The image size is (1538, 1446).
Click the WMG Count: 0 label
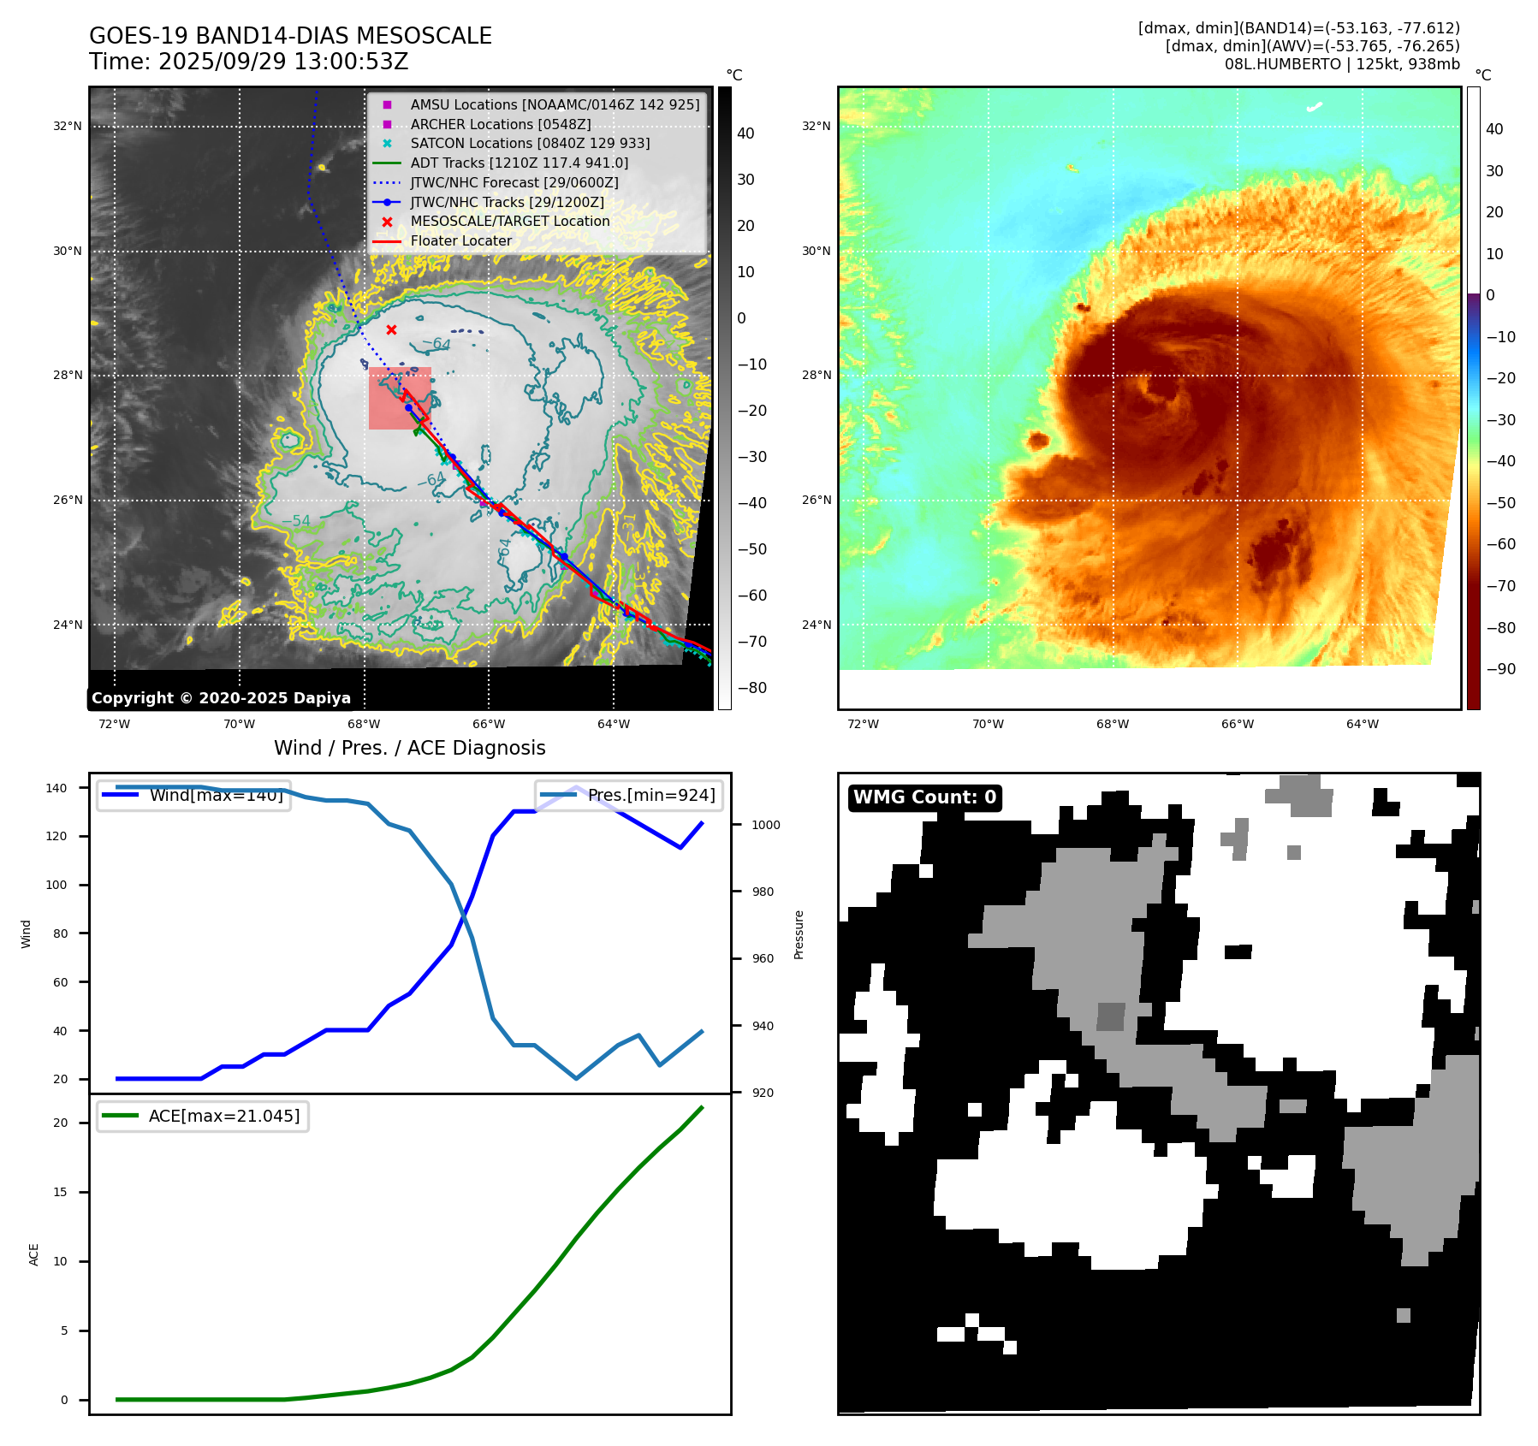point(924,797)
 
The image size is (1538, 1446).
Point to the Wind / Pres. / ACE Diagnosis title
point(409,748)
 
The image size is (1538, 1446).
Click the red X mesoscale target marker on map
point(391,329)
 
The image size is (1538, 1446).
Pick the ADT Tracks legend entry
point(519,163)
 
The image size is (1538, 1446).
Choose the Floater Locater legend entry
point(460,240)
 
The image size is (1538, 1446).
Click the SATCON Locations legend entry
point(530,143)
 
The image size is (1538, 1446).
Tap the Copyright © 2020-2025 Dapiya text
point(221,698)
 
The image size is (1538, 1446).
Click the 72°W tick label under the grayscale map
point(114,724)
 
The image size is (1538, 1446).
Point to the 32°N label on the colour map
point(816,126)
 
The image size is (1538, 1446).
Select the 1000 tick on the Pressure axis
point(766,825)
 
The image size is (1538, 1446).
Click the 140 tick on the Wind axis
point(56,788)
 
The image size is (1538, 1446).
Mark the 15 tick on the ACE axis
point(60,1192)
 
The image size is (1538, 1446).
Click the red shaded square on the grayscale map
point(400,399)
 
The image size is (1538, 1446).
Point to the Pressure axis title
point(799,934)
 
